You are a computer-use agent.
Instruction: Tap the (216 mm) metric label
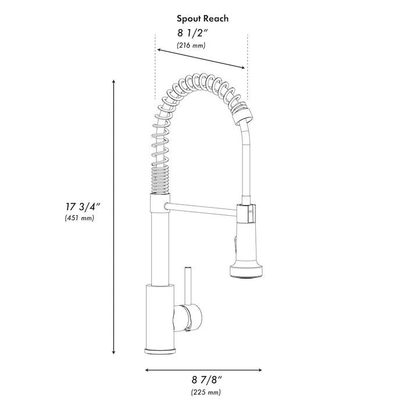(x=191, y=45)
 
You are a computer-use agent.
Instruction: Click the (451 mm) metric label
(x=80, y=218)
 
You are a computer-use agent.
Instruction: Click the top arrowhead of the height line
(x=113, y=83)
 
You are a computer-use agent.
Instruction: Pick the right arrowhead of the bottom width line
(x=260, y=369)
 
